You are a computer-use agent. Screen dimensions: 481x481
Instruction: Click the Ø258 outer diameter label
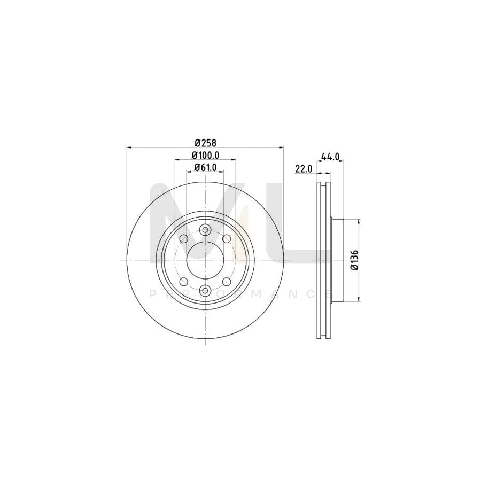205,143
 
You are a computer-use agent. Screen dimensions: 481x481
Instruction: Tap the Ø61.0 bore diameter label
205,167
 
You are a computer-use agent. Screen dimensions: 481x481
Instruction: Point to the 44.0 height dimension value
330,157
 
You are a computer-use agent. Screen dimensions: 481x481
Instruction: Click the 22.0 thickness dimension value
303,169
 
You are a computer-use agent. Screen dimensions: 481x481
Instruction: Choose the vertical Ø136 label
354,260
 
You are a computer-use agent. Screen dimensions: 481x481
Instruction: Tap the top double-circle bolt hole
205,230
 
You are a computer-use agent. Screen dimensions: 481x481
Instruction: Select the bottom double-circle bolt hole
205,290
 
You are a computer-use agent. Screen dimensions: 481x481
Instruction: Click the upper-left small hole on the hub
184,238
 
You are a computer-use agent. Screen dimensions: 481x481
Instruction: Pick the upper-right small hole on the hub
227,238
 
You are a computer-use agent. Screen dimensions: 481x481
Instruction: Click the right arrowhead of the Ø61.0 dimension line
221,172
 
